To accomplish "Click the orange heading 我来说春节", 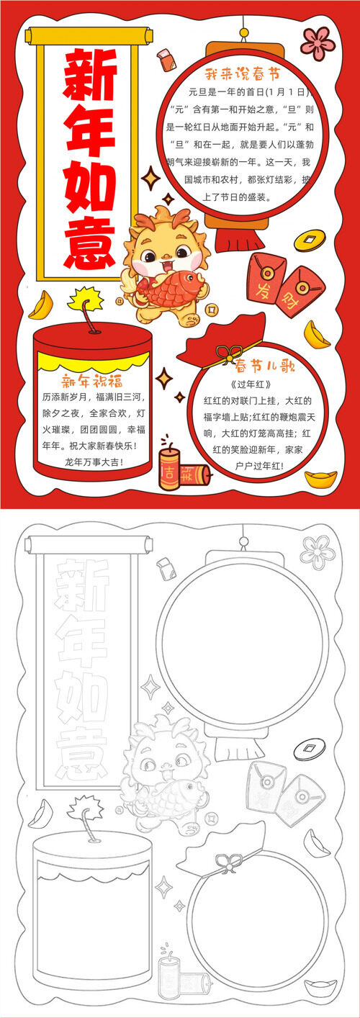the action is coord(242,73).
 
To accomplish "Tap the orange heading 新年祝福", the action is coord(92,380).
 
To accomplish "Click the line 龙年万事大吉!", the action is coord(94,462).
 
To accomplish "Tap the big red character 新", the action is coord(90,75).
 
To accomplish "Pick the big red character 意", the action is coord(90,243).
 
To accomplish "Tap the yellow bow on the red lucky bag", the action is coord(230,352).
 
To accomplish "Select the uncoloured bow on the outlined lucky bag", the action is coord(230,861).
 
